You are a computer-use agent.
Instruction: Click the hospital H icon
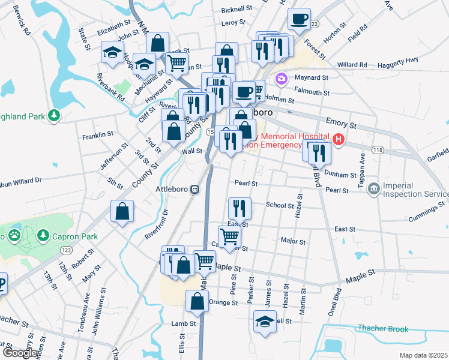(x=339, y=140)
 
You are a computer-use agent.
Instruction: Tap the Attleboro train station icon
(x=195, y=190)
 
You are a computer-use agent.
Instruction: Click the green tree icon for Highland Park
(x=55, y=114)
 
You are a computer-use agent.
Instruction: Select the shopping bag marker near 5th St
(x=122, y=211)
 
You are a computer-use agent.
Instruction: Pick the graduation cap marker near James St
(x=264, y=322)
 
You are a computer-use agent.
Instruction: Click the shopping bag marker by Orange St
(x=197, y=302)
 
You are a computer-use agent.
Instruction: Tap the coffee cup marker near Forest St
(x=299, y=19)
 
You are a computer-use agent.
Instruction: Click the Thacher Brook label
(x=382, y=329)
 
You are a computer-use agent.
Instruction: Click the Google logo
(x=19, y=353)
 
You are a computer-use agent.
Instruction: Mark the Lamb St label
(x=183, y=323)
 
